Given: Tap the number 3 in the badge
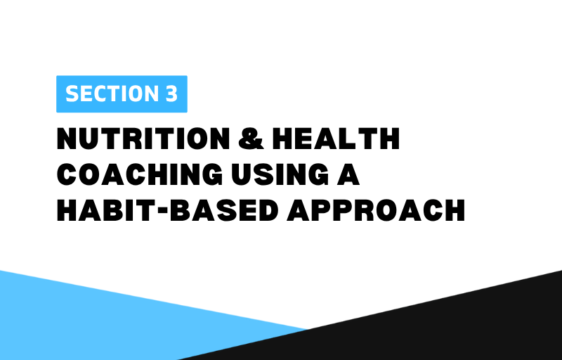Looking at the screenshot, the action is [171, 94].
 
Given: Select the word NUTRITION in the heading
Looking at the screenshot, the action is [143, 139].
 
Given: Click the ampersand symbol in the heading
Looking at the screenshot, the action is [251, 139].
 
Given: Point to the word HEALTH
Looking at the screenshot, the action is [336, 139].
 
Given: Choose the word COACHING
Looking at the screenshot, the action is [140, 174].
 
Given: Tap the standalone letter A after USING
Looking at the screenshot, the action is [348, 174].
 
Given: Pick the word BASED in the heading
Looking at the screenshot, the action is [224, 210].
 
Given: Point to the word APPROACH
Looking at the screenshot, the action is [376, 210].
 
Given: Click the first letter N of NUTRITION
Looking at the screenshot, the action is [67, 139].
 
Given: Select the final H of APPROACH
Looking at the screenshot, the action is [454, 210].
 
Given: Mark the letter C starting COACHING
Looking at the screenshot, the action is [67, 174].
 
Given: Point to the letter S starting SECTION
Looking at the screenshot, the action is [72, 94].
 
